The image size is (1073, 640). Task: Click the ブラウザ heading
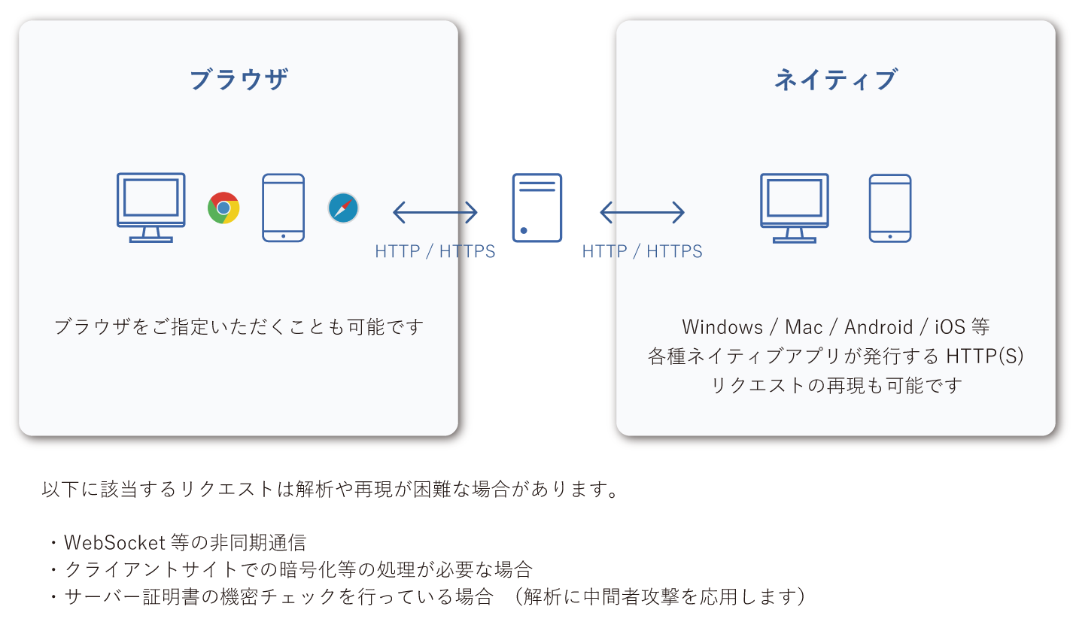(x=239, y=79)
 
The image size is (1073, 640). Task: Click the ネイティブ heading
(x=835, y=79)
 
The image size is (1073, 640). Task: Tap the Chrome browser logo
(x=223, y=208)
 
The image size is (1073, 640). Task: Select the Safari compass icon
(x=343, y=208)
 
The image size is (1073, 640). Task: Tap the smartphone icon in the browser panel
(x=283, y=208)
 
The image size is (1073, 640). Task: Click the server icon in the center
(x=536, y=208)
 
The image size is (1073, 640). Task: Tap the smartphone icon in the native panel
(x=889, y=208)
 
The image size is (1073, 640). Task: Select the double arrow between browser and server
(x=435, y=213)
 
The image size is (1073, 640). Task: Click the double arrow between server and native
(x=642, y=213)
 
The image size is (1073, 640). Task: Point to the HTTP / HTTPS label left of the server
(x=435, y=251)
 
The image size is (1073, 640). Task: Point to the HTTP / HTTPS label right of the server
(x=642, y=251)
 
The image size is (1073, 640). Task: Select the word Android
(x=878, y=327)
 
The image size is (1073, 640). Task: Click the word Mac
(x=804, y=327)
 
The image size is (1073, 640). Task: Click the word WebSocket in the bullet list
(x=114, y=542)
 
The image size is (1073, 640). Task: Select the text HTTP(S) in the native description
(x=985, y=356)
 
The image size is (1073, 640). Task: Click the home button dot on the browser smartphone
(x=283, y=235)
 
